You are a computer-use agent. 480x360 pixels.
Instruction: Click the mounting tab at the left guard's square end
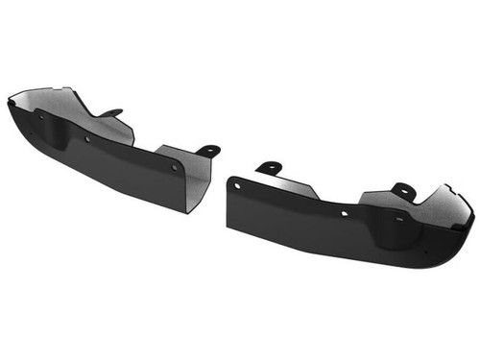pyautogui.click(x=206, y=150)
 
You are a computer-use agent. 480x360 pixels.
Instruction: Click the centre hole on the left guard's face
pyautogui.click(x=87, y=139)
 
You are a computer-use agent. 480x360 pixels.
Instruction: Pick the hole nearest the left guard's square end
pyautogui.click(x=175, y=167)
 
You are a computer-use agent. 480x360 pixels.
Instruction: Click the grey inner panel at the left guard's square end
pyautogui.click(x=193, y=177)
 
